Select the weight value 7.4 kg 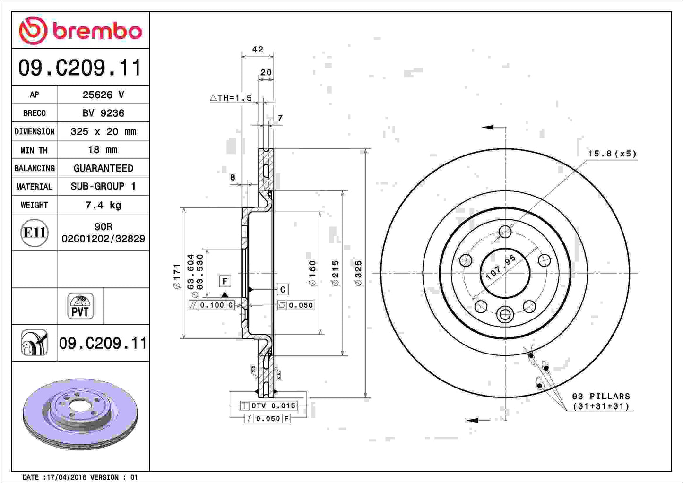(x=103, y=205)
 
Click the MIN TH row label (x=34, y=150)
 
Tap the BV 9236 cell (x=103, y=113)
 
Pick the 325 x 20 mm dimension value (x=103, y=131)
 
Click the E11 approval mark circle (x=35, y=233)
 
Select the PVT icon (x=80, y=306)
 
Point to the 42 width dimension (x=258, y=50)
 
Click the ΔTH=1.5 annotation (x=231, y=98)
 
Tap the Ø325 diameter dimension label (x=358, y=273)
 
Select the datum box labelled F (x=225, y=281)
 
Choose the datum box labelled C (x=283, y=289)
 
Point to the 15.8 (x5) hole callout (x=612, y=154)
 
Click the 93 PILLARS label (x=601, y=396)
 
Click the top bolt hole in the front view (x=505, y=232)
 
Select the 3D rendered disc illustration (x=80, y=414)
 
